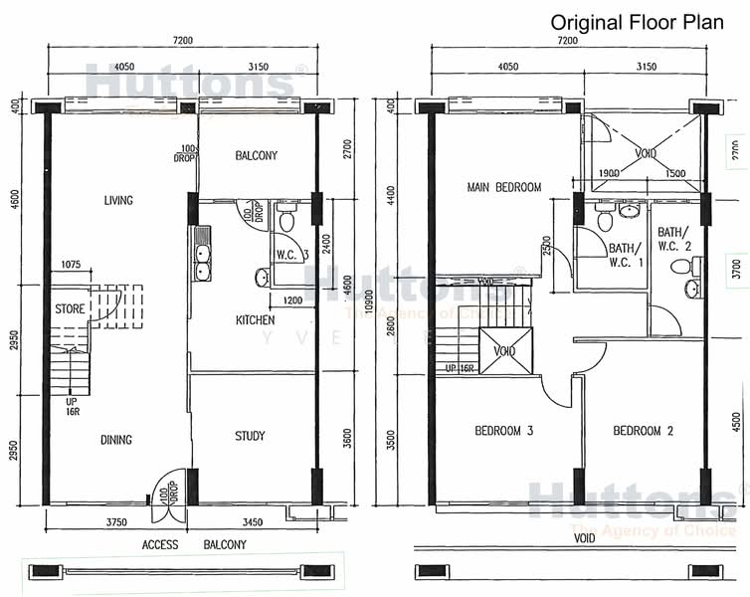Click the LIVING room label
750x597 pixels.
tap(118, 201)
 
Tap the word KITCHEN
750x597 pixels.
tap(256, 320)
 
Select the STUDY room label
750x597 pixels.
tap(250, 436)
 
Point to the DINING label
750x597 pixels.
tap(116, 440)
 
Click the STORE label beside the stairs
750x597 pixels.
tap(70, 308)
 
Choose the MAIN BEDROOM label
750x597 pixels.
tap(504, 188)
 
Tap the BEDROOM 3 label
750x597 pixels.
tap(504, 431)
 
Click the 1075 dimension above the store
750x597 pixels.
tap(70, 266)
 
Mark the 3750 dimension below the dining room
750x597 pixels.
tap(116, 521)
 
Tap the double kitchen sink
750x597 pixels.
tap(202, 255)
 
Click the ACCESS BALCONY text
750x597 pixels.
tap(194, 545)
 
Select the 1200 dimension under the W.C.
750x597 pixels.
tap(292, 300)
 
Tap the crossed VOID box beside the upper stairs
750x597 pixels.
tap(505, 350)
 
